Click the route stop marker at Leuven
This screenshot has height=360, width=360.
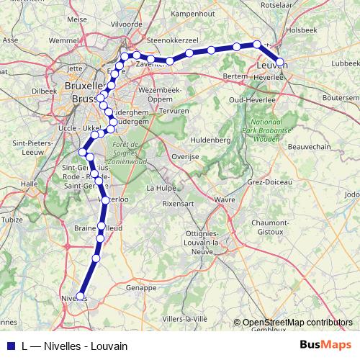(x=280, y=62)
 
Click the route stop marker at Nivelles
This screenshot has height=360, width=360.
(x=83, y=297)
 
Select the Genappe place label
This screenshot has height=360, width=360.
(x=141, y=287)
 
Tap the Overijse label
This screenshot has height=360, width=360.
(x=185, y=156)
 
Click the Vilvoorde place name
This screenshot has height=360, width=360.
(x=127, y=24)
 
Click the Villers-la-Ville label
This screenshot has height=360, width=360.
(x=185, y=318)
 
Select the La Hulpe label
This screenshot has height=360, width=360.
(x=160, y=188)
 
